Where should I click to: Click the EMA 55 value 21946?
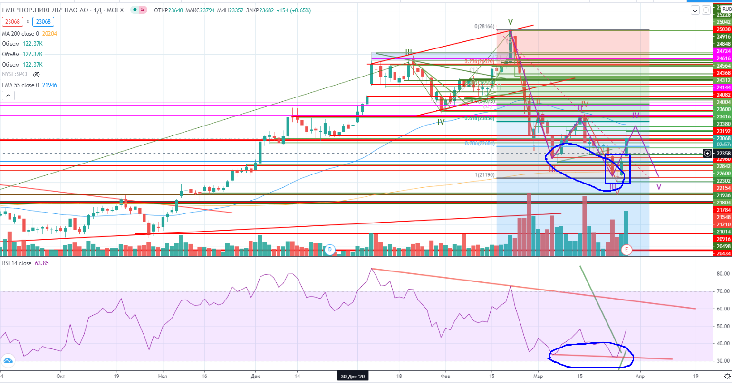pos(49,85)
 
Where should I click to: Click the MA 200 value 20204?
pos(49,34)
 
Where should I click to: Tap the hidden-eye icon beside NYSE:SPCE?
pos(36,75)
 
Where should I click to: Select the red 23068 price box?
pos(12,21)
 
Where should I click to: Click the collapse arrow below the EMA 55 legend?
pos(8,96)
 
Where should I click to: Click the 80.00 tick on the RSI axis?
pos(723,274)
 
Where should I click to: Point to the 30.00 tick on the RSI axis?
pos(723,361)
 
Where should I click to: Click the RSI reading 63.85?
pos(41,263)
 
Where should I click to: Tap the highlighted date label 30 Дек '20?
pos(353,377)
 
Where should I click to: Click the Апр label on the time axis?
pos(640,376)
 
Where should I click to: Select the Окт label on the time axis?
pos(60,376)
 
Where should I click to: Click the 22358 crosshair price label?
pos(723,153)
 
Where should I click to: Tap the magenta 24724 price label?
pos(723,51)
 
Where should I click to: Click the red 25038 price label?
pos(723,29)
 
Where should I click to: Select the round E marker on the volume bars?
pos(626,250)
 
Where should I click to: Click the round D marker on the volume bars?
pos(330,250)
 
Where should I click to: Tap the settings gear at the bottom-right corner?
pos(727,377)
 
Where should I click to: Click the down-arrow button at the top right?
pos(695,10)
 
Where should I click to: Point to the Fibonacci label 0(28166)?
pos(484,27)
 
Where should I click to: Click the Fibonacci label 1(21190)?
pos(484,175)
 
